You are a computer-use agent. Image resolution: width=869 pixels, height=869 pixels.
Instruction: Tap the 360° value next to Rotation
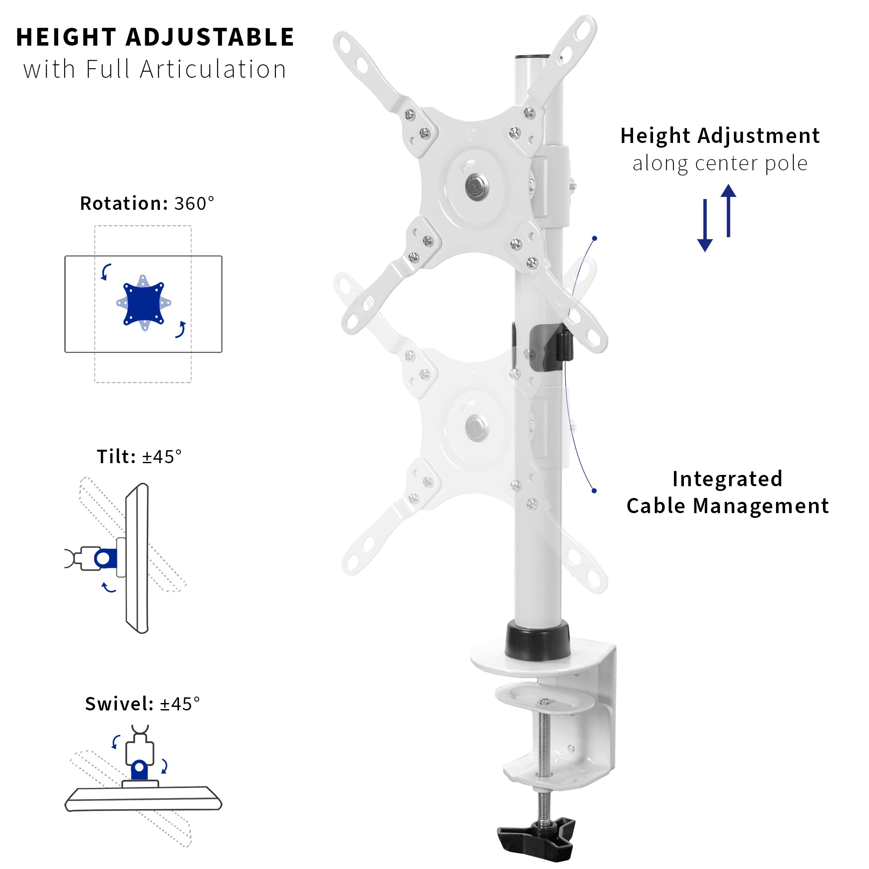[194, 204]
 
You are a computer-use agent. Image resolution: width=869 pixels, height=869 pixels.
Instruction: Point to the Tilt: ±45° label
[139, 457]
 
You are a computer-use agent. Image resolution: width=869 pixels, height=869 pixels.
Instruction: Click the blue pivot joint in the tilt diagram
[104, 559]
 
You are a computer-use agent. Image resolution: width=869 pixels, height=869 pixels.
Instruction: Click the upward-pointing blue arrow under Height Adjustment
[728, 210]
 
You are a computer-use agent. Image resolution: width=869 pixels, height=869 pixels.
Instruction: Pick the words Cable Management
[727, 506]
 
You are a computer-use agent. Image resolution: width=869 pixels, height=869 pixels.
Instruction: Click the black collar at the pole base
[537, 641]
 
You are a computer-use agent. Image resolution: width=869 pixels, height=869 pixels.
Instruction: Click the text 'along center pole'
[720, 163]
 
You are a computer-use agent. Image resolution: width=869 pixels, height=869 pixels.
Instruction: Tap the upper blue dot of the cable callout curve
[595, 239]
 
